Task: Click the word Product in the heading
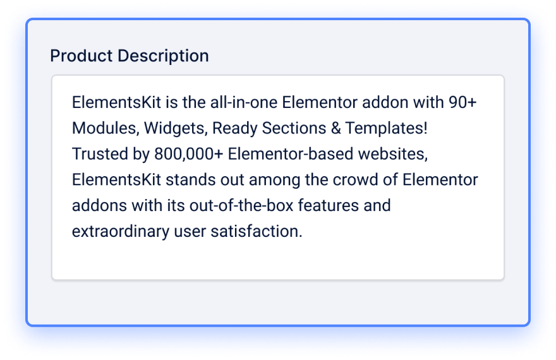(82, 56)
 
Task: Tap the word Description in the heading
(163, 57)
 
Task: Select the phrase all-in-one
(244, 102)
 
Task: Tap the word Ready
(235, 129)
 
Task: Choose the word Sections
(294, 128)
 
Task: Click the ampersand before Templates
(335, 128)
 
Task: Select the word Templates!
(387, 129)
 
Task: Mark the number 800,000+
(189, 154)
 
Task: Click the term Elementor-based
(291, 154)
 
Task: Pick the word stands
(191, 180)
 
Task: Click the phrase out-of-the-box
(241, 205)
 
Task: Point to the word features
(329, 205)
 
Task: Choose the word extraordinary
(121, 232)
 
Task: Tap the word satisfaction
(257, 231)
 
